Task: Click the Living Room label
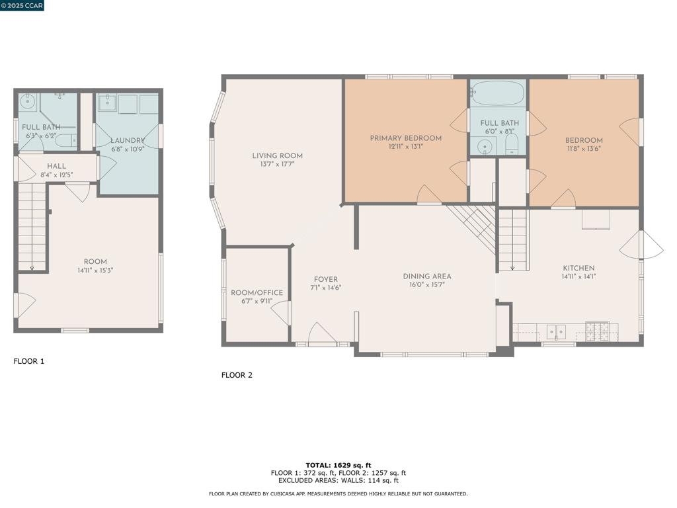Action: tap(277, 155)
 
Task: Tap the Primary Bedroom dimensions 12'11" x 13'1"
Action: tap(405, 146)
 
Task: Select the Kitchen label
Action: tap(578, 268)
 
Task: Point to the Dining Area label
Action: tap(427, 276)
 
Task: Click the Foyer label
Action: tap(325, 280)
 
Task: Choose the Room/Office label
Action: tap(257, 292)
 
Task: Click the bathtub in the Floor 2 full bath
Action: tap(497, 93)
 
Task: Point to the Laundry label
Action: tap(128, 140)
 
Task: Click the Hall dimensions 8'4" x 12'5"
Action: tap(57, 175)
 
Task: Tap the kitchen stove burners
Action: tap(597, 331)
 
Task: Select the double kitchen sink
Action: tap(556, 332)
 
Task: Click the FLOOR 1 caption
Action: tap(29, 361)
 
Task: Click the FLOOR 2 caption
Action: tap(237, 375)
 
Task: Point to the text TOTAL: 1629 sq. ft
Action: tap(338, 465)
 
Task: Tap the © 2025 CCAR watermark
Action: tap(22, 5)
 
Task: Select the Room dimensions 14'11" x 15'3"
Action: tap(95, 271)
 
